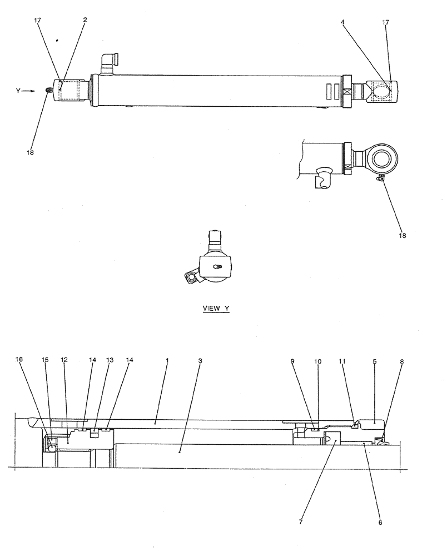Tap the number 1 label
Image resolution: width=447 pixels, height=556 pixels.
167,360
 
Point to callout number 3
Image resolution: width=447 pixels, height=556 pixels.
200,360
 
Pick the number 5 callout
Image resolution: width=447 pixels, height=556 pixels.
374,361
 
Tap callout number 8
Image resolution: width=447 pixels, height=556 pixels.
401,361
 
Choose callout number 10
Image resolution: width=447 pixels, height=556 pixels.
317,361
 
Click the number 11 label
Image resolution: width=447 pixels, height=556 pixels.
342,361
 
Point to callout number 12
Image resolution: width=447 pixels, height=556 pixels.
64,360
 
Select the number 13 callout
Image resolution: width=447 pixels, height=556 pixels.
111,360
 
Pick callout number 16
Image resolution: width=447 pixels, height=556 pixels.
21,360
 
